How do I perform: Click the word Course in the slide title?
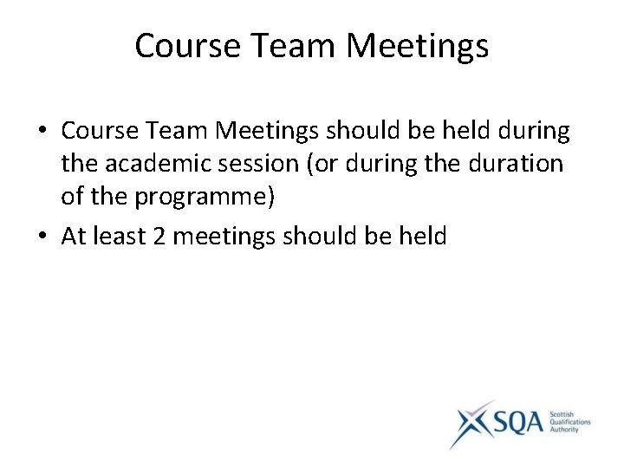tap(186, 46)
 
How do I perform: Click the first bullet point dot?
tap(42, 132)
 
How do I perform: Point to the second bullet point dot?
tap(42, 237)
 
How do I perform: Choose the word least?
tap(118, 236)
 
